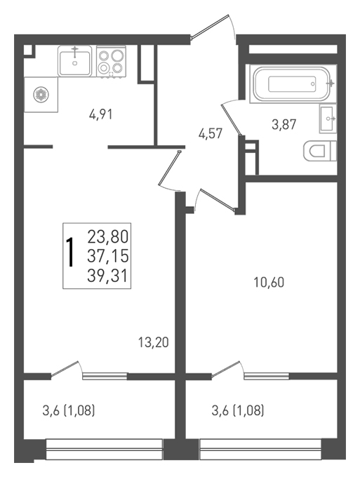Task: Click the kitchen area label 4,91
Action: [x=101, y=114]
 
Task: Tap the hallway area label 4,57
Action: [x=211, y=133]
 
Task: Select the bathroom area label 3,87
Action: [x=284, y=124]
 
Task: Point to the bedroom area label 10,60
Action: [x=269, y=283]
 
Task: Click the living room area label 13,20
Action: [x=154, y=342]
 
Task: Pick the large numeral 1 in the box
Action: [x=71, y=253]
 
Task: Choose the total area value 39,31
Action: [x=108, y=276]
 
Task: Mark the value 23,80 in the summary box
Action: [x=108, y=236]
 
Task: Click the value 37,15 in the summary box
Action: [x=108, y=257]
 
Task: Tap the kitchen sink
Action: [x=75, y=61]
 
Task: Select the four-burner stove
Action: [x=111, y=62]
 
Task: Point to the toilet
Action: [x=319, y=151]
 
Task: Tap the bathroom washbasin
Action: [x=328, y=119]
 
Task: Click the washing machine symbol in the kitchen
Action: [x=41, y=94]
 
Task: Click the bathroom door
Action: [x=232, y=118]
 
